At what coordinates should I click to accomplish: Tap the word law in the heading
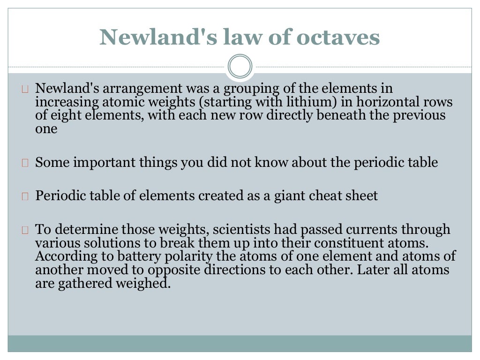coord(250,37)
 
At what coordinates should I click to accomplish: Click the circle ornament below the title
coord(240,66)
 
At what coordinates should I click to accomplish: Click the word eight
coord(66,115)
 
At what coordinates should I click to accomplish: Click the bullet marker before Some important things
coord(25,163)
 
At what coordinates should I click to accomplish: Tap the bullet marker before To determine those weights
coord(25,230)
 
